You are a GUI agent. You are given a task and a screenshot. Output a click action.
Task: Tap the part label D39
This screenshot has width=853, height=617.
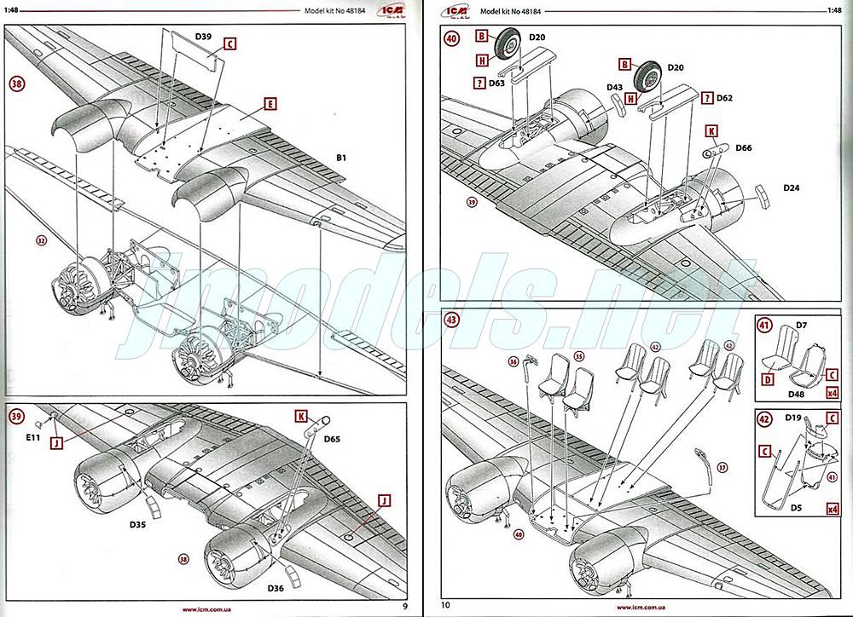(x=203, y=37)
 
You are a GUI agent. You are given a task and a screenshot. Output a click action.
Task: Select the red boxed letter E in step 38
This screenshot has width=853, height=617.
(x=270, y=104)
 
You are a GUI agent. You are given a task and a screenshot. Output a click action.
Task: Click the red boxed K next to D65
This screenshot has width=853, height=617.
(x=301, y=416)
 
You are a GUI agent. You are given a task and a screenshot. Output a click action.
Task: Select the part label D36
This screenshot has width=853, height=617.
(x=276, y=588)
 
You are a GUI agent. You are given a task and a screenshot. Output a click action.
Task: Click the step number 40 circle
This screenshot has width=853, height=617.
(x=451, y=38)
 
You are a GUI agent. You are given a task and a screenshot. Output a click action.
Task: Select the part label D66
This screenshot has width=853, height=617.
(x=743, y=147)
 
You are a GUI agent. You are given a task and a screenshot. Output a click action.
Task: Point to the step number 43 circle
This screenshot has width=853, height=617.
(x=451, y=320)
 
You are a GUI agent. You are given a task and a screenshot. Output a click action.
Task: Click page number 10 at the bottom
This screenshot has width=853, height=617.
(x=444, y=605)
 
